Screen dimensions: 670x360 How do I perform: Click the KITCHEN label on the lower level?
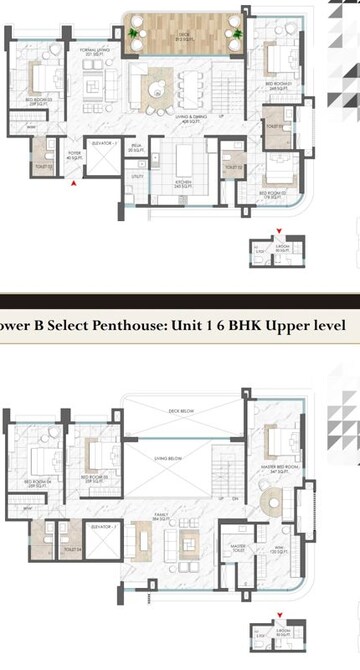[x=182, y=183]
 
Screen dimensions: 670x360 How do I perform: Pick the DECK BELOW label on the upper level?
[x=182, y=409]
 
